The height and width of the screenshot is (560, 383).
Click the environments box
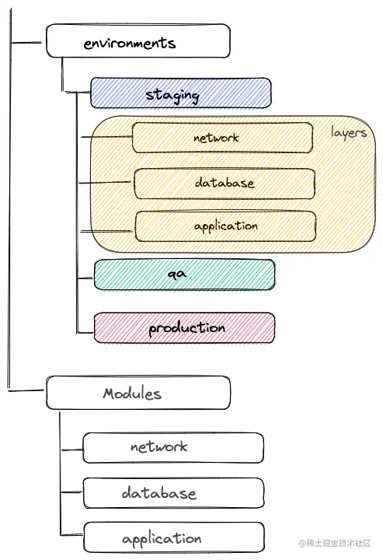[x=138, y=40]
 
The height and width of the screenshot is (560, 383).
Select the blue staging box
[x=181, y=93]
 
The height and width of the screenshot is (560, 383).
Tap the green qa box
[x=184, y=275]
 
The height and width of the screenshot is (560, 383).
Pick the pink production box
[x=184, y=328]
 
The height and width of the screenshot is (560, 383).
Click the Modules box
[x=138, y=393]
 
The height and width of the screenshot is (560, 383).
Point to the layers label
[x=348, y=133]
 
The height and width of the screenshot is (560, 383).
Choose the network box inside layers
[x=222, y=138]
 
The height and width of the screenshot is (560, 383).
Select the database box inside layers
[x=225, y=184]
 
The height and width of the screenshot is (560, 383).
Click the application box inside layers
[x=225, y=226]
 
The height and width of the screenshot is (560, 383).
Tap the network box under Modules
[x=173, y=448]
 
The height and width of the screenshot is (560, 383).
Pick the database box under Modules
[x=174, y=493]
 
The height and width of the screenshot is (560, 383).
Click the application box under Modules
[x=174, y=537]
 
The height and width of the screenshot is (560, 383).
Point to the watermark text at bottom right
[x=335, y=543]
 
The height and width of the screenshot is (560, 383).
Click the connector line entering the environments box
[x=26, y=43]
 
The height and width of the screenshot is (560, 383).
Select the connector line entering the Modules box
[x=26, y=390]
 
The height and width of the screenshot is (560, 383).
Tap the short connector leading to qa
[x=85, y=278]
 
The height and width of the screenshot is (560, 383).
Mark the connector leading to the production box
[x=85, y=333]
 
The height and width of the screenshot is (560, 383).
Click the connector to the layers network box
[x=106, y=137]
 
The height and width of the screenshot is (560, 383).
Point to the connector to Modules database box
[x=72, y=492]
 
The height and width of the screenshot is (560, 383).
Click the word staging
[x=172, y=96]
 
